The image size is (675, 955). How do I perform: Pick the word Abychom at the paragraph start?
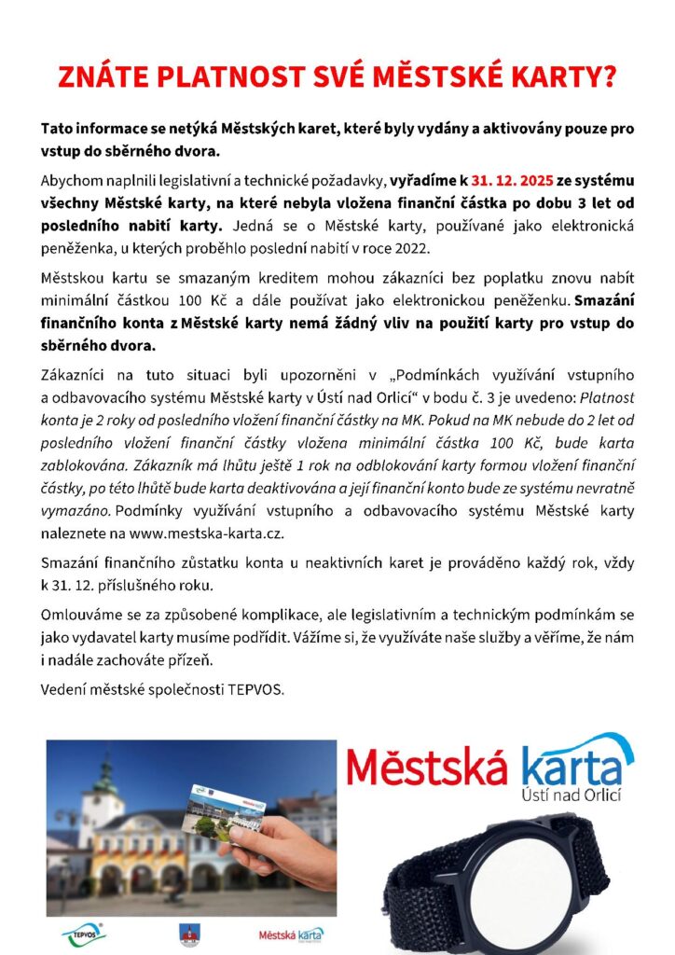tap(73, 179)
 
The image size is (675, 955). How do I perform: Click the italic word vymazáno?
tap(76, 511)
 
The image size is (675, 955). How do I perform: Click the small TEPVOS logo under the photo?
tap(84, 932)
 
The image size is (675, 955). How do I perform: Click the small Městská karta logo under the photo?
tap(291, 933)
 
